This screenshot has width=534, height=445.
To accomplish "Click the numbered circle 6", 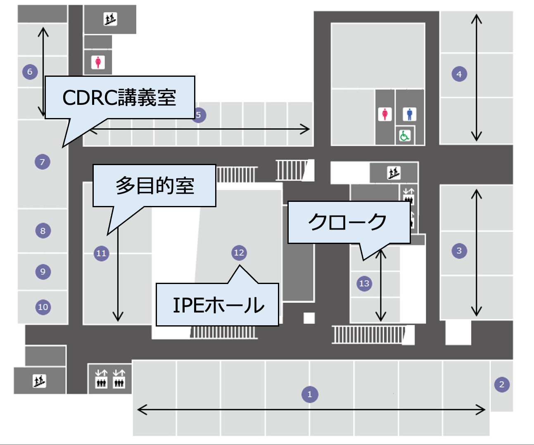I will (x=30, y=72).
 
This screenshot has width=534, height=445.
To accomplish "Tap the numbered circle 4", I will (x=459, y=74).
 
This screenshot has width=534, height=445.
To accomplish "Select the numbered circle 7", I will (x=42, y=162).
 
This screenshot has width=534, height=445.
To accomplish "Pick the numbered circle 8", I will (x=43, y=231).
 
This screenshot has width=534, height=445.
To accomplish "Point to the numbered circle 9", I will (x=43, y=272).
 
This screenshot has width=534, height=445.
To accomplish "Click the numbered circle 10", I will (x=43, y=307).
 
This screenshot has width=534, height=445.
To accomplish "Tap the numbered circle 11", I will (x=101, y=253).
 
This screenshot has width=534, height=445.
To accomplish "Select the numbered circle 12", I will (x=239, y=253).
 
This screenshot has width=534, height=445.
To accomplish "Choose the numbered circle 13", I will (x=364, y=284).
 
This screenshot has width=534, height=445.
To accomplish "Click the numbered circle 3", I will (x=459, y=251).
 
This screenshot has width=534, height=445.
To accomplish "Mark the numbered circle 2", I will (x=502, y=385).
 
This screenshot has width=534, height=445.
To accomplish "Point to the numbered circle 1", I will (x=310, y=394).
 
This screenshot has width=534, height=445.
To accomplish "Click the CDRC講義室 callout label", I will (x=119, y=97).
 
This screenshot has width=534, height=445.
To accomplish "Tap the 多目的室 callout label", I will (x=154, y=185).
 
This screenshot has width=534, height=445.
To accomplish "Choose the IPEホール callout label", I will (x=218, y=305).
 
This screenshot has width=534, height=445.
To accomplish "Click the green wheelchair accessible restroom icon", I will (x=404, y=135).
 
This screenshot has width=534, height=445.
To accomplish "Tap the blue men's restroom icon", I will (x=409, y=114).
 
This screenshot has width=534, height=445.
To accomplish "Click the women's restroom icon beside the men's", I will (x=385, y=114).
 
